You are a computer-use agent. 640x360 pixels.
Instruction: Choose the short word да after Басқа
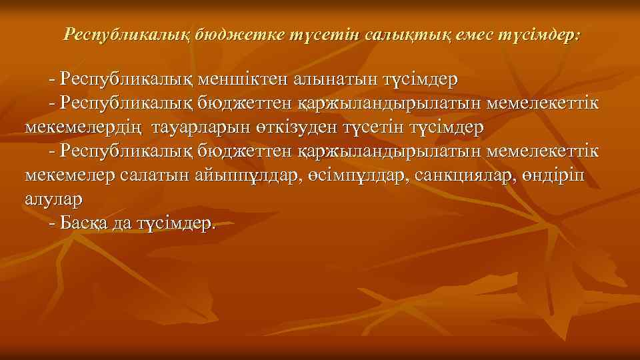pyautogui.click(x=123, y=223)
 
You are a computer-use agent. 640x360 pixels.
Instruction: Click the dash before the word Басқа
pyautogui.click(x=53, y=223)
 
